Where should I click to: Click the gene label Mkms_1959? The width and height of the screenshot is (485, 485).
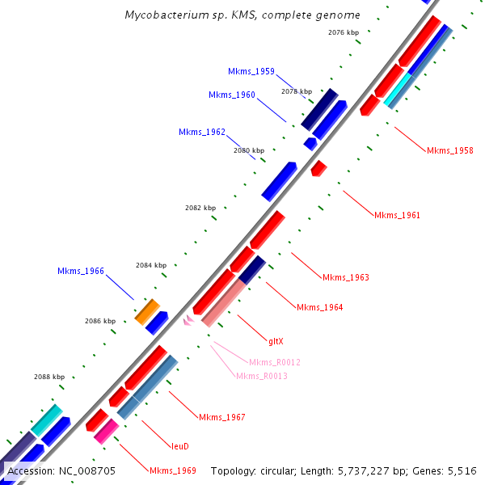pos(251,71)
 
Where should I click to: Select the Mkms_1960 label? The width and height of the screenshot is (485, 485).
pos(231,95)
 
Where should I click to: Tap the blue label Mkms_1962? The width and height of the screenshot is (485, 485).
pos(201,132)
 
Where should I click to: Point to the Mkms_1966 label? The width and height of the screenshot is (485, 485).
pos(80,271)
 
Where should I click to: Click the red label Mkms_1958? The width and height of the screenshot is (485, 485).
pos(450,150)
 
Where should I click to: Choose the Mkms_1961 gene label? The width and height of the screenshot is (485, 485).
pos(397,215)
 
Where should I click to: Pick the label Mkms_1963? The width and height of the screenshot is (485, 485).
pos(345,277)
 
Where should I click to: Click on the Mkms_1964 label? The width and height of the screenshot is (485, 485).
pos(319,307)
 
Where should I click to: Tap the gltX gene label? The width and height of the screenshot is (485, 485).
pos(276,341)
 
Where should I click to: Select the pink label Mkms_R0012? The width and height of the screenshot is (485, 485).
pos(274,362)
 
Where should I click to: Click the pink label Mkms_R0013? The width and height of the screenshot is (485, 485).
pos(261,376)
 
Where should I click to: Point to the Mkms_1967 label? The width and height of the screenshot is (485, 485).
pos(221,417)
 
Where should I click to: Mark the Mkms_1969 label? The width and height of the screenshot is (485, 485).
pos(172,470)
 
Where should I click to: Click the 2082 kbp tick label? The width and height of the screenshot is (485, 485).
pos(200,208)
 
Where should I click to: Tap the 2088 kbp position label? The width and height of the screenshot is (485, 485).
pos(48,377)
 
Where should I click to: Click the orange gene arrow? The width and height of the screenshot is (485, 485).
pos(147,310)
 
